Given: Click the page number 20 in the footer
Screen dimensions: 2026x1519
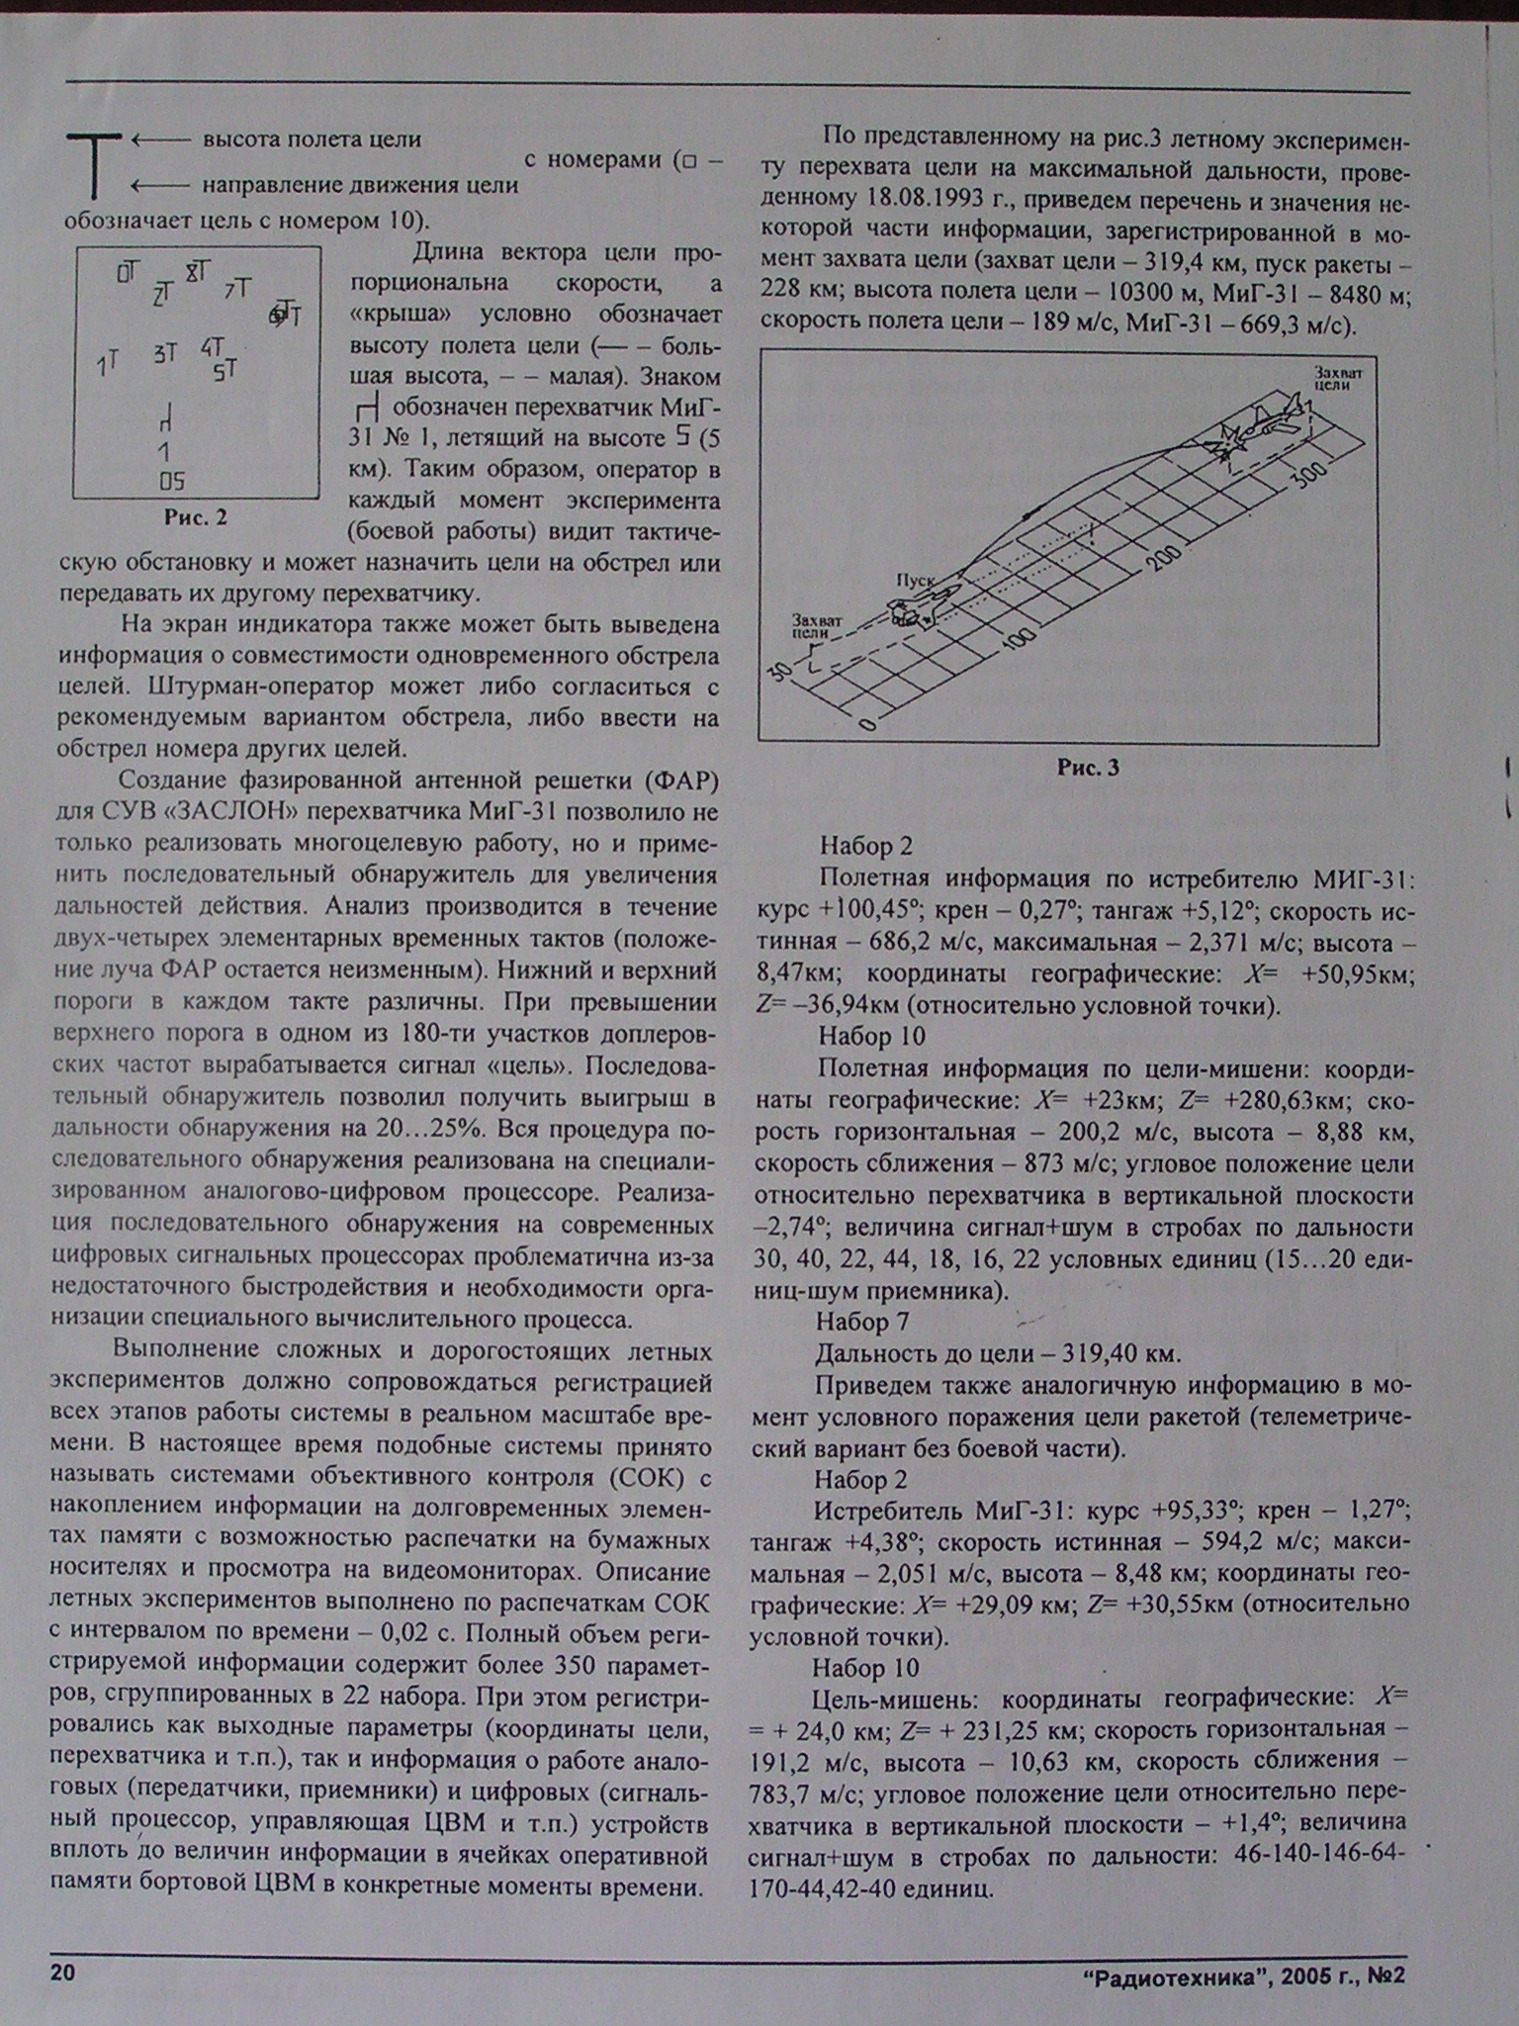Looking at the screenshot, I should point(62,1973).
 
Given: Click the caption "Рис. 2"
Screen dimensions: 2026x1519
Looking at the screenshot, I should point(196,516).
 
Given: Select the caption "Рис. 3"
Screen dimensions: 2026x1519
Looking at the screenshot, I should point(1088,768).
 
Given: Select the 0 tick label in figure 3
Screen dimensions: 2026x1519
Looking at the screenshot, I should point(867,724).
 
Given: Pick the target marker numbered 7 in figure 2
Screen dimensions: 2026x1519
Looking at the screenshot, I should point(237,289).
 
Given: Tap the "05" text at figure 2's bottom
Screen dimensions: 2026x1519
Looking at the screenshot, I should point(172,482).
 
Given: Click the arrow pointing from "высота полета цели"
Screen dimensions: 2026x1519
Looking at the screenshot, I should point(160,140).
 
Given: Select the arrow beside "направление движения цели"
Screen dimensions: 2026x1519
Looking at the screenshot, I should point(160,185).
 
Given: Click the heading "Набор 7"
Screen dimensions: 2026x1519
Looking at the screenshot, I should point(862,1322).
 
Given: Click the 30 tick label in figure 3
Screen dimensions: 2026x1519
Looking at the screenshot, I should point(782,670).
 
